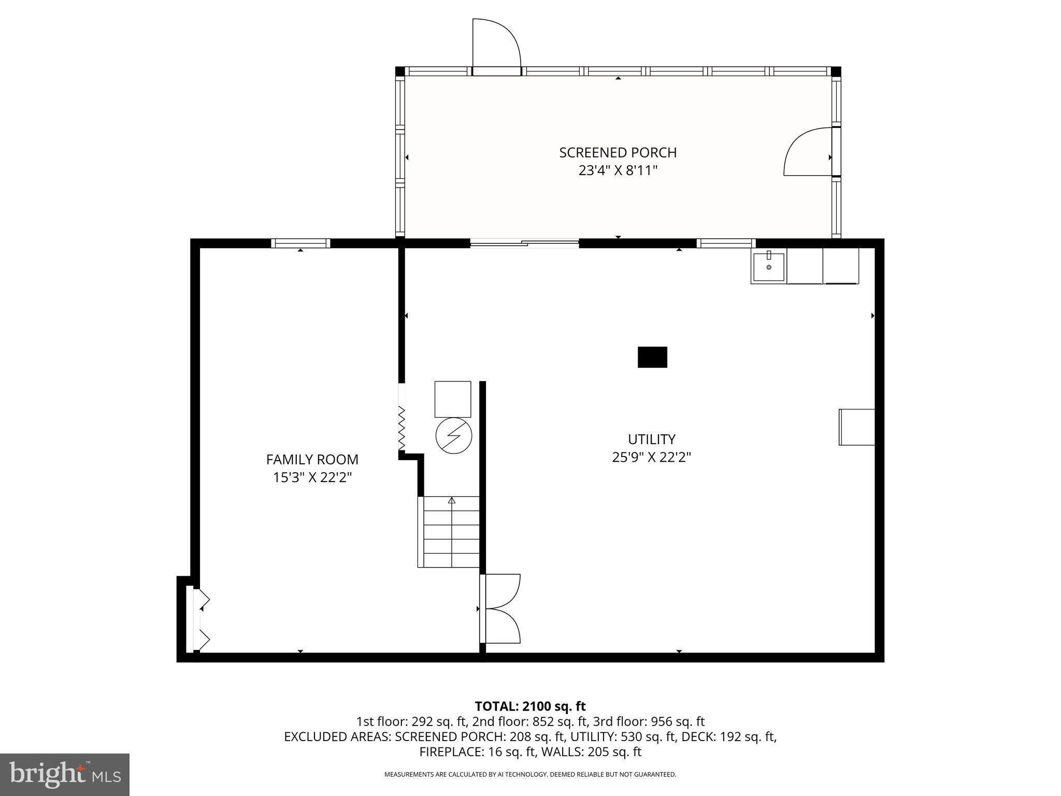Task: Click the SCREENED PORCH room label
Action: point(618,153)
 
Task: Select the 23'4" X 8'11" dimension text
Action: point(618,170)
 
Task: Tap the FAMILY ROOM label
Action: point(312,460)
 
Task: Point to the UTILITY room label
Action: point(651,439)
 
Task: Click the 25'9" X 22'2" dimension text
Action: point(651,458)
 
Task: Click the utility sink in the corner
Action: point(768,266)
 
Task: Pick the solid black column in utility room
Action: point(652,357)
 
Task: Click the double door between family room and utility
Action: point(500,608)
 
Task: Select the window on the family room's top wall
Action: point(300,243)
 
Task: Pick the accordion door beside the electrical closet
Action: point(401,428)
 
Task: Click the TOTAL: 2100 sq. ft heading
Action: point(530,706)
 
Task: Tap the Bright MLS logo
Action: point(65,774)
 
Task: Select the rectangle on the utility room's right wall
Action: point(856,427)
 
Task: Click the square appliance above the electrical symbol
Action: point(452,399)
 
